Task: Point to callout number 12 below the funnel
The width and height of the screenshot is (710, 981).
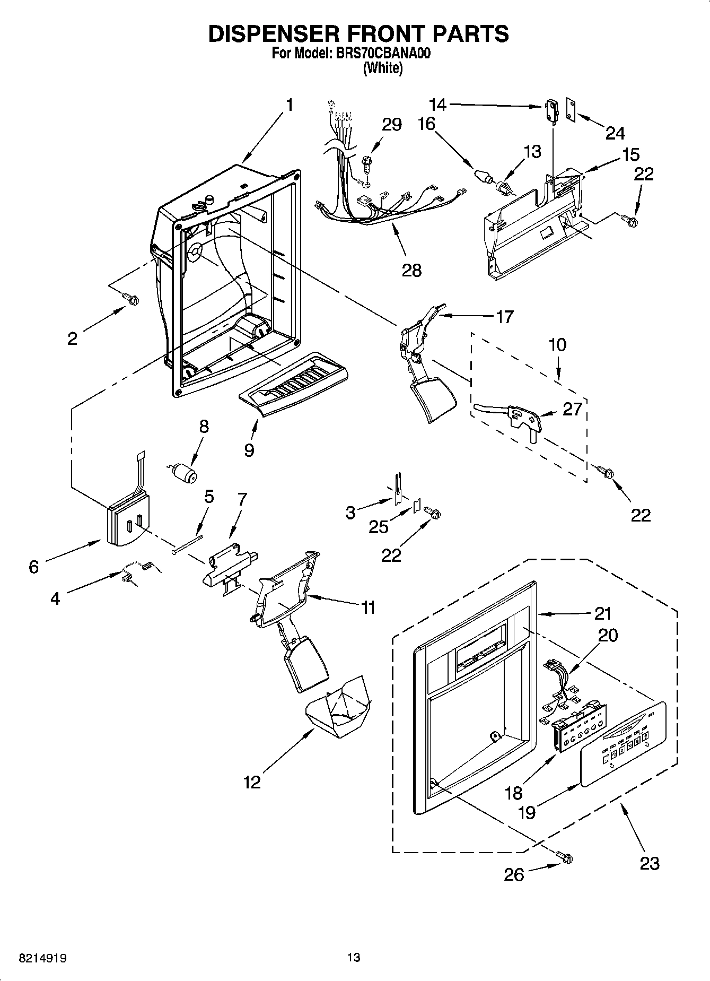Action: (252, 782)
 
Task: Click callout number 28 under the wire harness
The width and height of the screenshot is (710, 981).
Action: (411, 270)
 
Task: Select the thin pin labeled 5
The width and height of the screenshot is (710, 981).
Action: (189, 544)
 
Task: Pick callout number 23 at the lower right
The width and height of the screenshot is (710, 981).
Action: (650, 863)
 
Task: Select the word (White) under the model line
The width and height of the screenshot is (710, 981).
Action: (382, 68)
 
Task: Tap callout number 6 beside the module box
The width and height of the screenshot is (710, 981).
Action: (33, 567)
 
